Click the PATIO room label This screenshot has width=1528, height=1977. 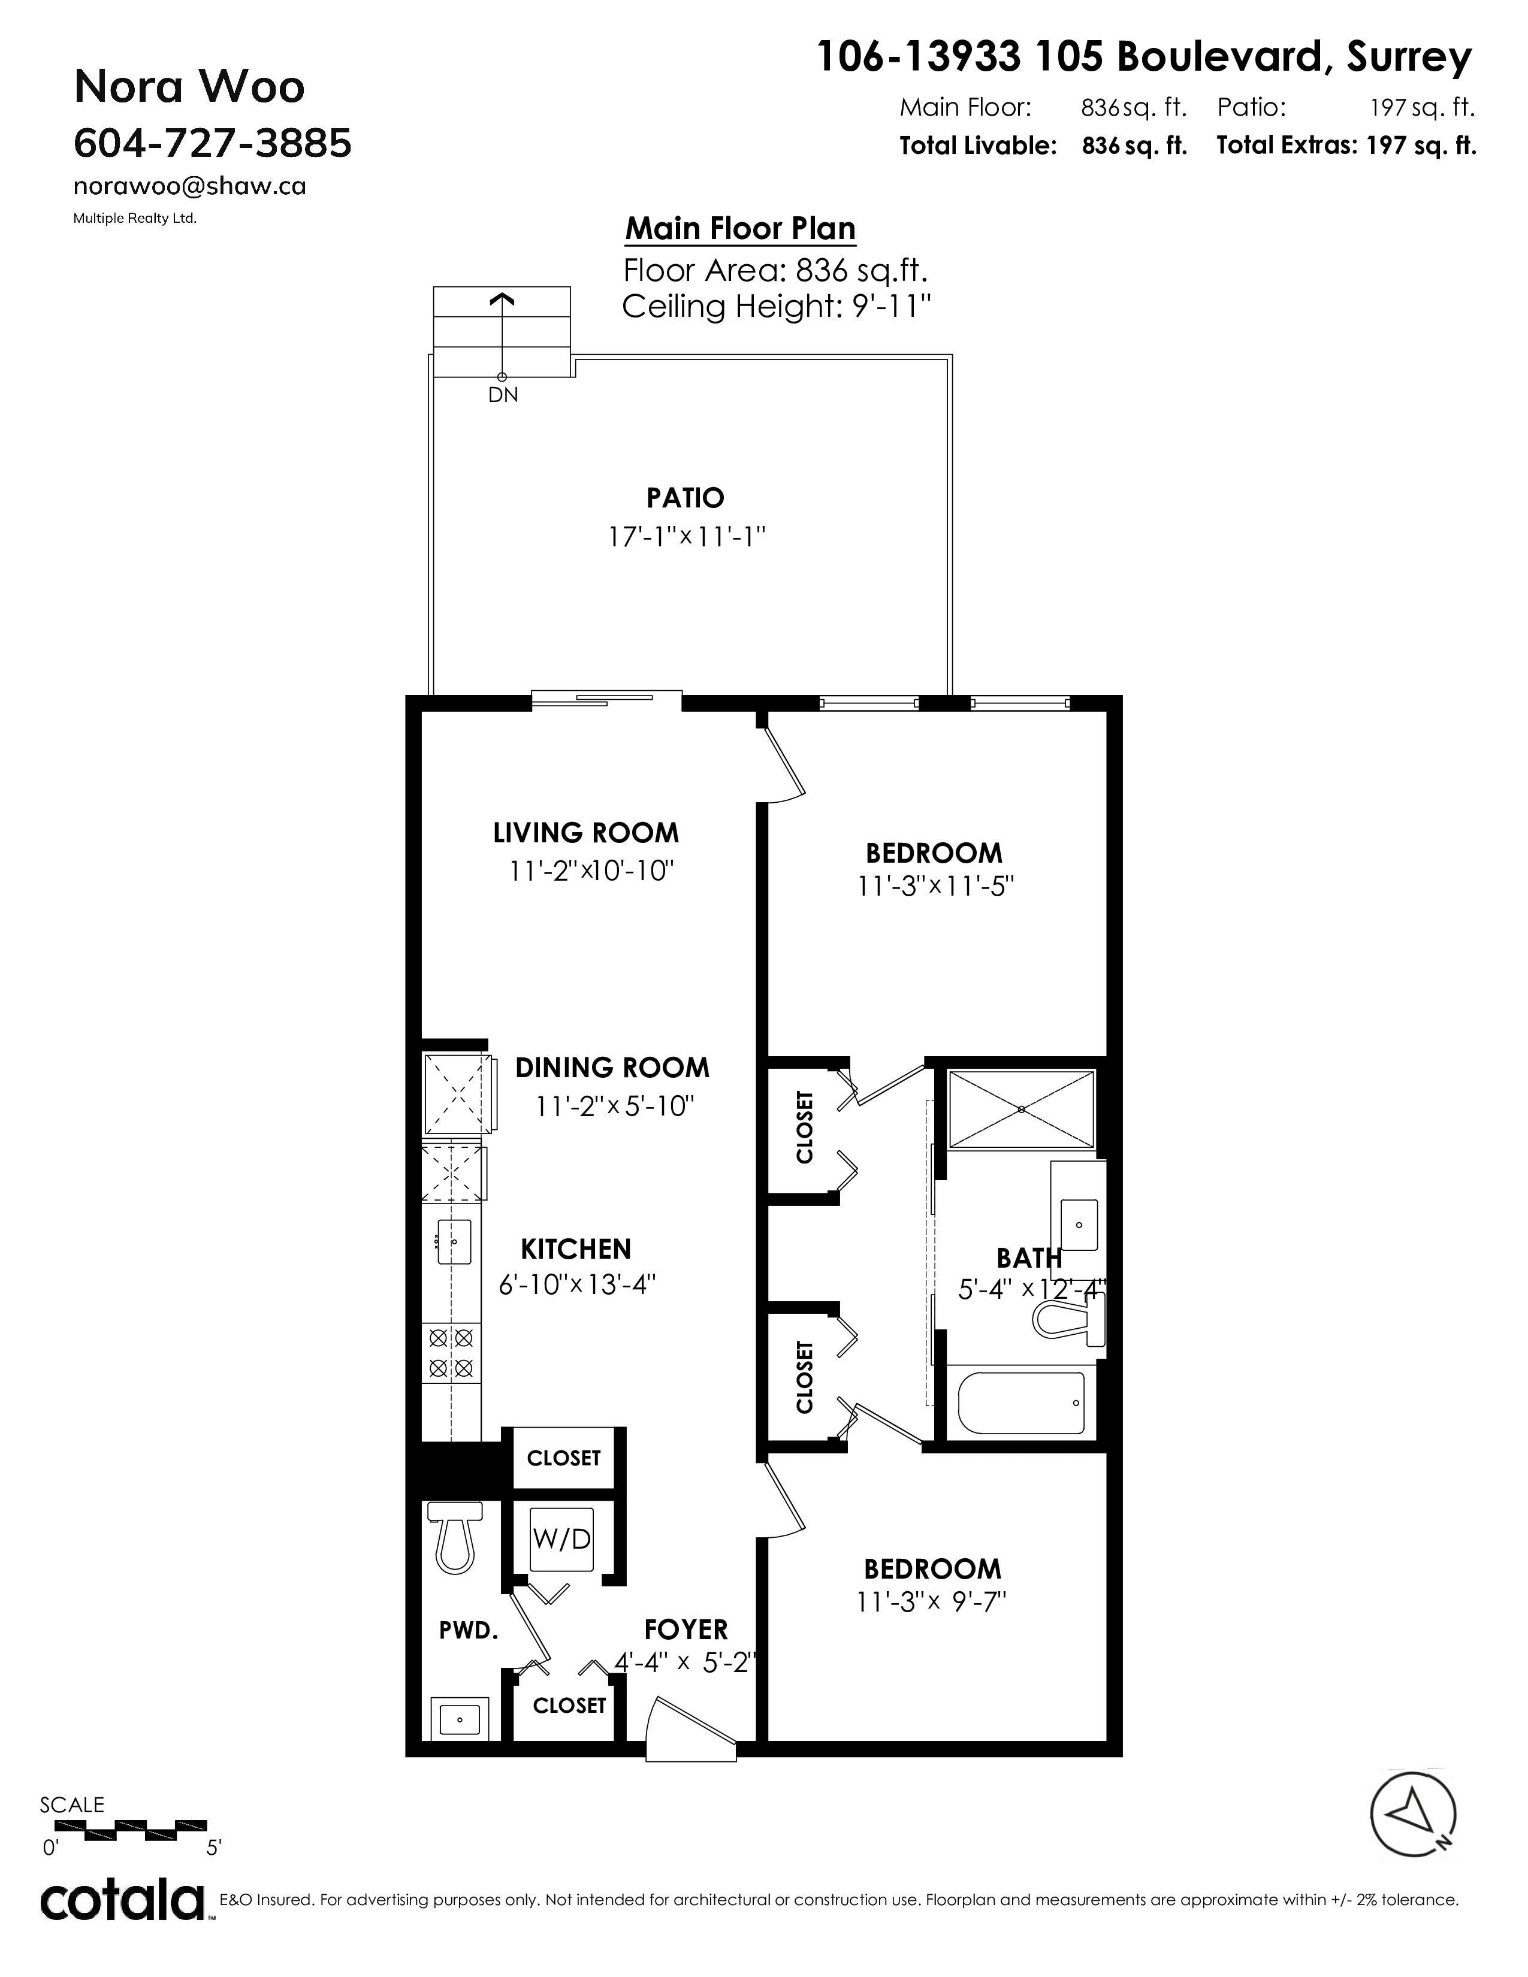686,498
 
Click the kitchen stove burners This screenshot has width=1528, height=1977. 450,1352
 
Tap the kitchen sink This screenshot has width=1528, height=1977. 454,1241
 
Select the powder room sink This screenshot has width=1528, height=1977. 461,1717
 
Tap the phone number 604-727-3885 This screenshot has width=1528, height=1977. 212,143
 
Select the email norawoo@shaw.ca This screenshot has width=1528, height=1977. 189,186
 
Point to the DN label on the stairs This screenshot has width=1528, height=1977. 503,395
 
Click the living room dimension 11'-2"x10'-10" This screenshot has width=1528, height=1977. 592,871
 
